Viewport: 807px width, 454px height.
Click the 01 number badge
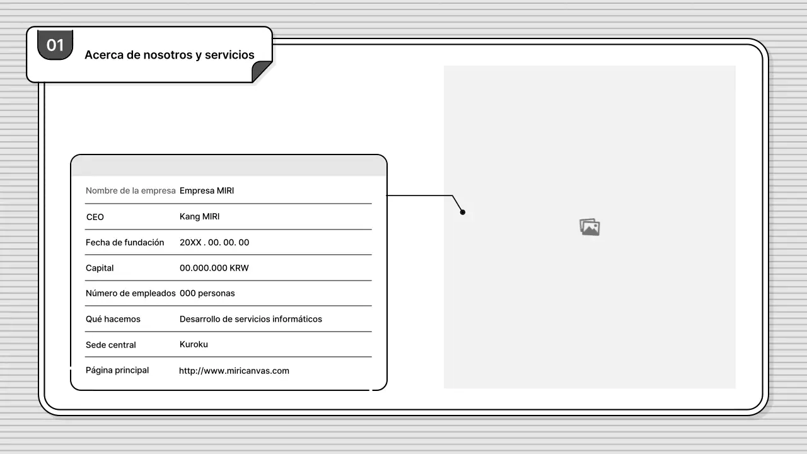55,45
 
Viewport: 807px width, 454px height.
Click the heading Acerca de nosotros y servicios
170,55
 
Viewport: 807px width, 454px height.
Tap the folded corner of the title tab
261,71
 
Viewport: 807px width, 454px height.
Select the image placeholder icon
589,227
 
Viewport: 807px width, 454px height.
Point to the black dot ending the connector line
463,212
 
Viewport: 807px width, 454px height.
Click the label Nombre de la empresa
131,190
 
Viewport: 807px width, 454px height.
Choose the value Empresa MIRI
207,190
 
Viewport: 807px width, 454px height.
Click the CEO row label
95,217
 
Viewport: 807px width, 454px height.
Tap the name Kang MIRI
200,216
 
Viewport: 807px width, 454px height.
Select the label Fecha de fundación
125,243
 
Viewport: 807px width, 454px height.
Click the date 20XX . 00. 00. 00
214,243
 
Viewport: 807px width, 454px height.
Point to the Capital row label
100,268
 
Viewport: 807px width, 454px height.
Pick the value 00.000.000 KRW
214,268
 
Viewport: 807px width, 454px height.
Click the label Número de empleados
131,293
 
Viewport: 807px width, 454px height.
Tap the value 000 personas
207,293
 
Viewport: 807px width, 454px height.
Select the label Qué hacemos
113,319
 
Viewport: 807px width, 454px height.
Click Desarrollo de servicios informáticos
251,319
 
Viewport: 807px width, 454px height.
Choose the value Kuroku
194,344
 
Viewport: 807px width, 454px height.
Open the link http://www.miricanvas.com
234,371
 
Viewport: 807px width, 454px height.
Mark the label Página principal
117,370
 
